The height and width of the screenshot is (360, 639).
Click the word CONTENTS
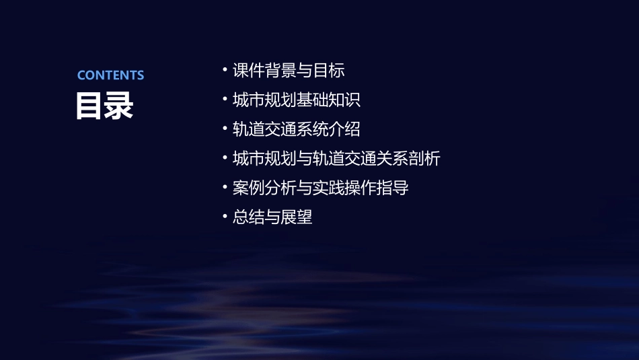click(x=110, y=75)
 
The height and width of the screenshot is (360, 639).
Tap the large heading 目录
click(x=104, y=106)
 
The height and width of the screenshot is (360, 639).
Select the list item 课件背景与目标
click(x=289, y=70)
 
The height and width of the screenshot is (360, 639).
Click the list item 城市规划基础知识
click(x=297, y=100)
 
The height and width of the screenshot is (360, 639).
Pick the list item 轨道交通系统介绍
click(x=297, y=129)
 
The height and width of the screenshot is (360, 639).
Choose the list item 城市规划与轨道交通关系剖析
click(x=336, y=159)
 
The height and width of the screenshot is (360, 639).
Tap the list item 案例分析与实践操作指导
click(x=321, y=188)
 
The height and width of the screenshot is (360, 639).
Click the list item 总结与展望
click(x=272, y=217)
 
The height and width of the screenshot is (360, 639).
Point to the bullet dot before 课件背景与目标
click(x=225, y=70)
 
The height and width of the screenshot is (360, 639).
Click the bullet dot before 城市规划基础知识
click(x=225, y=100)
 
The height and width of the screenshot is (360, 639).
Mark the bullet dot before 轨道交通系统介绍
click(x=225, y=129)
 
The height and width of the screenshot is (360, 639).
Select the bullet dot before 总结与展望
click(x=225, y=217)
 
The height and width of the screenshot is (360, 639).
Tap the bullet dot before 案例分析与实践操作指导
click(x=225, y=188)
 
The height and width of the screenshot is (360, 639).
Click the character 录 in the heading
click(x=119, y=106)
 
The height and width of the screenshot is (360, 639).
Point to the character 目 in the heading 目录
click(x=89, y=106)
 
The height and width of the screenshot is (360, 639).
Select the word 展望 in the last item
click(x=297, y=217)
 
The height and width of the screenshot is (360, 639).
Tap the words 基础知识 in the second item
click(x=329, y=100)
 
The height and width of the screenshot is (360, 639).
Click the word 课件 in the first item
click(x=248, y=70)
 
